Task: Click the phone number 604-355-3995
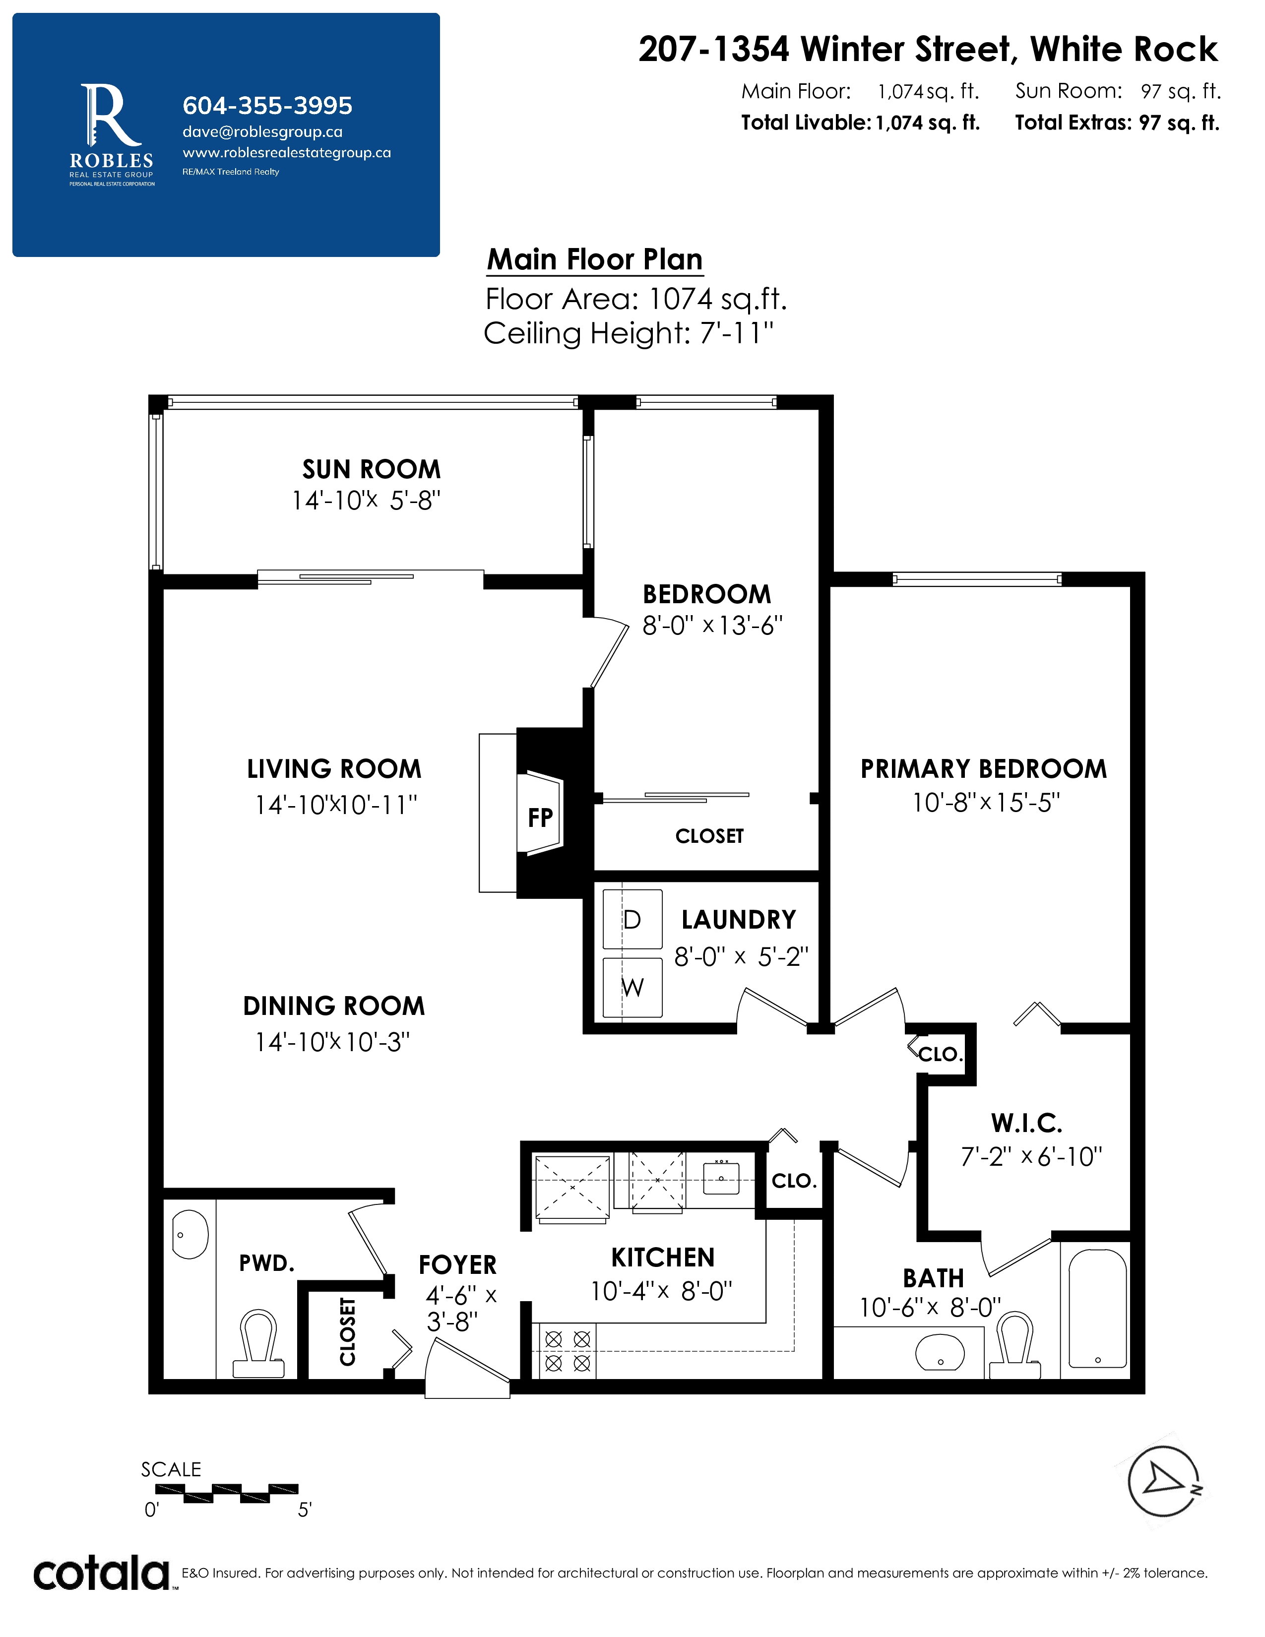click(267, 106)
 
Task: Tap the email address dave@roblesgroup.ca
click(262, 132)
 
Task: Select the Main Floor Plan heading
click(595, 259)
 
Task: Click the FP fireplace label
click(540, 817)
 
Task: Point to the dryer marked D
click(632, 919)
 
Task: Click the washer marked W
click(632, 987)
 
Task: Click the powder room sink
click(190, 1235)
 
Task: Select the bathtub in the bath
click(1098, 1308)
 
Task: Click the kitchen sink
click(721, 1178)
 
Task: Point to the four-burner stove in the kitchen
click(568, 1351)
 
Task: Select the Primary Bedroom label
click(983, 769)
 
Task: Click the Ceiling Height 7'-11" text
click(628, 333)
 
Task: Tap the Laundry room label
click(738, 920)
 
